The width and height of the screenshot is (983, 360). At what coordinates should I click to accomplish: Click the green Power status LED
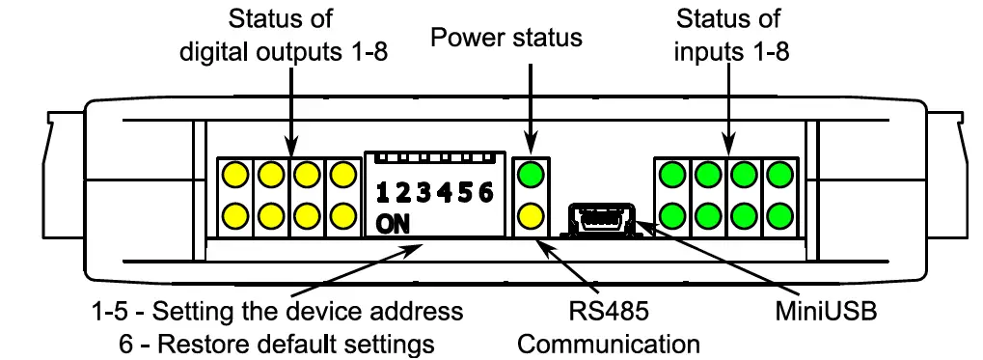tap(531, 176)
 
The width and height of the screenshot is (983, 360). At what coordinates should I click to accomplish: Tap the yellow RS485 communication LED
tap(531, 214)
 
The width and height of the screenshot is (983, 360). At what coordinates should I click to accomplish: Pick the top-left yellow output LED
tap(234, 176)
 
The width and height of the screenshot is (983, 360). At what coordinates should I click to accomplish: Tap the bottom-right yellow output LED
tap(341, 214)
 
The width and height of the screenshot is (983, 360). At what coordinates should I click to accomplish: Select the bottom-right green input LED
tap(779, 214)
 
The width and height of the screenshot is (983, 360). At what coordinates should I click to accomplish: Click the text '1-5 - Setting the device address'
tap(277, 312)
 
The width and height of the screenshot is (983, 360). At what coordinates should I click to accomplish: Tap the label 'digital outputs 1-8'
tap(285, 52)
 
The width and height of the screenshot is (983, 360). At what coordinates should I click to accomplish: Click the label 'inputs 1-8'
tap(731, 52)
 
